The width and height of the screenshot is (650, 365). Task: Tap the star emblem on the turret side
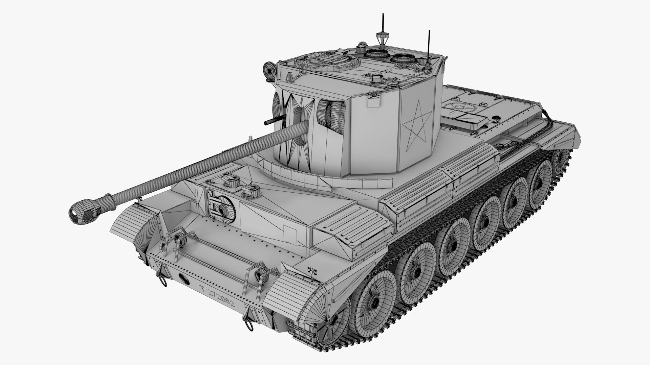417,125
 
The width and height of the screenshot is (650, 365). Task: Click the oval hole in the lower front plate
185,277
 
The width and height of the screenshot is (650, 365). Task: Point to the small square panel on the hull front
290,233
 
